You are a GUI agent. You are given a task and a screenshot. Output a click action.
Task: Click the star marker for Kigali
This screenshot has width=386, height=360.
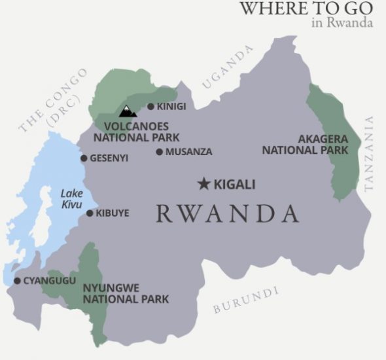tap(204, 184)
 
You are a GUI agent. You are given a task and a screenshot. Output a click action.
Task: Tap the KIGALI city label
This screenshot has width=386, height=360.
tap(235, 184)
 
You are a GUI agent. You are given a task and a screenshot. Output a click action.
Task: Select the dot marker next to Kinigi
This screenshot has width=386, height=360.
tap(150, 107)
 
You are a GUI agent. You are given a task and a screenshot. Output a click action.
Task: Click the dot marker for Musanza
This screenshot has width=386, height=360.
tap(159, 152)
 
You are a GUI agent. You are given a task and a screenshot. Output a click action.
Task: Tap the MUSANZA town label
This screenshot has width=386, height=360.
tap(189, 152)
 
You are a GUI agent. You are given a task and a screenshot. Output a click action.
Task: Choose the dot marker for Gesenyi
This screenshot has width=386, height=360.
tap(84, 158)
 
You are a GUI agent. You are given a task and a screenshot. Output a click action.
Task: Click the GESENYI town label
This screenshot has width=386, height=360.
tap(109, 158)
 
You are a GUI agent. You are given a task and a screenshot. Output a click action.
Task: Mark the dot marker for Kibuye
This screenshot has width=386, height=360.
tap(90, 213)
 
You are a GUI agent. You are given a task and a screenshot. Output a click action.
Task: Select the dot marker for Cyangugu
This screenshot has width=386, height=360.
tap(17, 281)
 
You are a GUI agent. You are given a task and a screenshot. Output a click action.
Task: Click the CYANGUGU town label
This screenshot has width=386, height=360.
tap(50, 281)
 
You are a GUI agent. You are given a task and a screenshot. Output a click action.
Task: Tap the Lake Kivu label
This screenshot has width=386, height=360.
tap(71, 198)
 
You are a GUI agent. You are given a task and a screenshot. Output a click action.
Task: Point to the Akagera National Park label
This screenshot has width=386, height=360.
tap(305, 145)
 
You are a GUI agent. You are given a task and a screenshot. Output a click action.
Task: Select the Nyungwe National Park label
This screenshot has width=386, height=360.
tap(126, 294)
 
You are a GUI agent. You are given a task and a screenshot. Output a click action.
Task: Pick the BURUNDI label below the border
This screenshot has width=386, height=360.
tap(245, 300)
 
